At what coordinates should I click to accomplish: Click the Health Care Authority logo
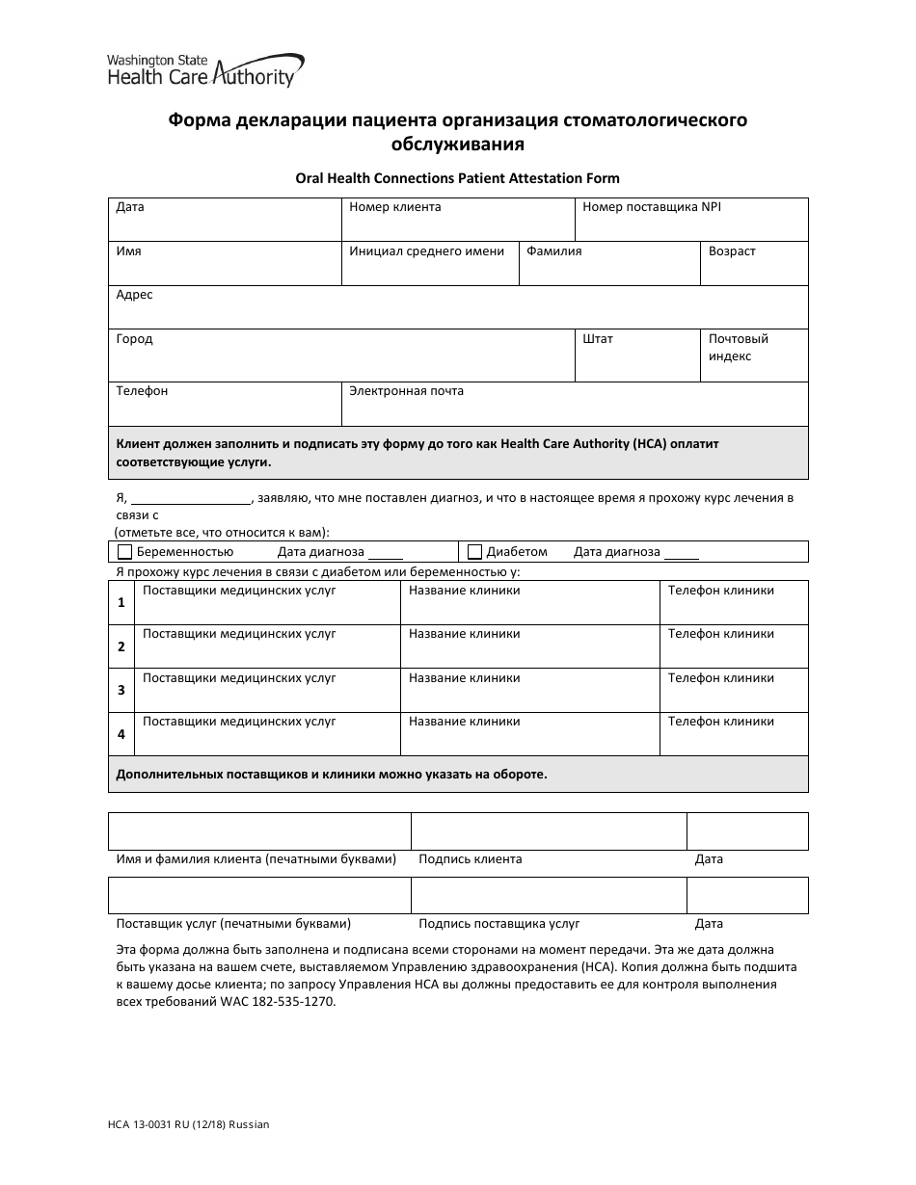pyautogui.click(x=205, y=71)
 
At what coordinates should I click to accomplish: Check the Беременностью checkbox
pyautogui.click(x=124, y=552)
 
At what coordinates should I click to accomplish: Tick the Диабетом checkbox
pyautogui.click(x=474, y=552)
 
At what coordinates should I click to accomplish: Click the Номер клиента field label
pyautogui.click(x=394, y=207)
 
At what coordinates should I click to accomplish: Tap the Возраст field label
pyautogui.click(x=732, y=251)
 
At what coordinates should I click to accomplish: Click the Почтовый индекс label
pyautogui.click(x=738, y=348)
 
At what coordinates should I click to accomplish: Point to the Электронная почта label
pyautogui.click(x=406, y=391)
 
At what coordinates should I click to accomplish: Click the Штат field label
pyautogui.click(x=598, y=339)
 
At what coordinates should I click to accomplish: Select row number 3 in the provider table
pyautogui.click(x=121, y=690)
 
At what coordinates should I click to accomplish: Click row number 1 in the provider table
pyautogui.click(x=121, y=602)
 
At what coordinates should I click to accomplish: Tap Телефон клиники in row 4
pyautogui.click(x=720, y=722)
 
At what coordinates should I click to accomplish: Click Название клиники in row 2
pyautogui.click(x=464, y=634)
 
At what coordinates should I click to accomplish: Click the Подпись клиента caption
pyautogui.click(x=470, y=859)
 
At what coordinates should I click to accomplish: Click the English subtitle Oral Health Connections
pyautogui.click(x=457, y=178)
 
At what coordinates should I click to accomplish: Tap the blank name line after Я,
pyautogui.click(x=189, y=499)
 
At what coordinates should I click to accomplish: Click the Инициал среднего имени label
pyautogui.click(x=426, y=251)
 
